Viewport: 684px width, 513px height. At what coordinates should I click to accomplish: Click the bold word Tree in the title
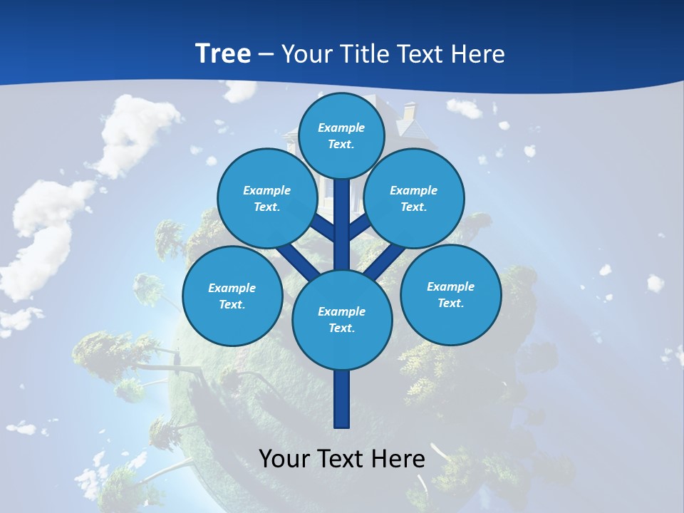(x=223, y=53)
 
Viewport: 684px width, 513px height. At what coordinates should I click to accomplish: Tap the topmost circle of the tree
(x=341, y=135)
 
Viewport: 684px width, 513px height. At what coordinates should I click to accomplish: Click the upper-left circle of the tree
(x=266, y=198)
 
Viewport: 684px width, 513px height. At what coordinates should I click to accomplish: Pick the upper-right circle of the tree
(x=414, y=198)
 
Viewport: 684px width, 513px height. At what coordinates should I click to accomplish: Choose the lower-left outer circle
(x=232, y=296)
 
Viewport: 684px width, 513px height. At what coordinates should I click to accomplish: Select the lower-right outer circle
(x=450, y=294)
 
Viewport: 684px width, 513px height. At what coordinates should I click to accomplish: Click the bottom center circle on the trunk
(x=341, y=320)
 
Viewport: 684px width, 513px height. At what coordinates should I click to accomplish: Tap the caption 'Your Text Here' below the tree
(x=341, y=459)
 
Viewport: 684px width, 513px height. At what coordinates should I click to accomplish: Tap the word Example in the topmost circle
(x=341, y=128)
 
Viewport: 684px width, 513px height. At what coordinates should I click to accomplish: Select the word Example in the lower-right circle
(x=450, y=286)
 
